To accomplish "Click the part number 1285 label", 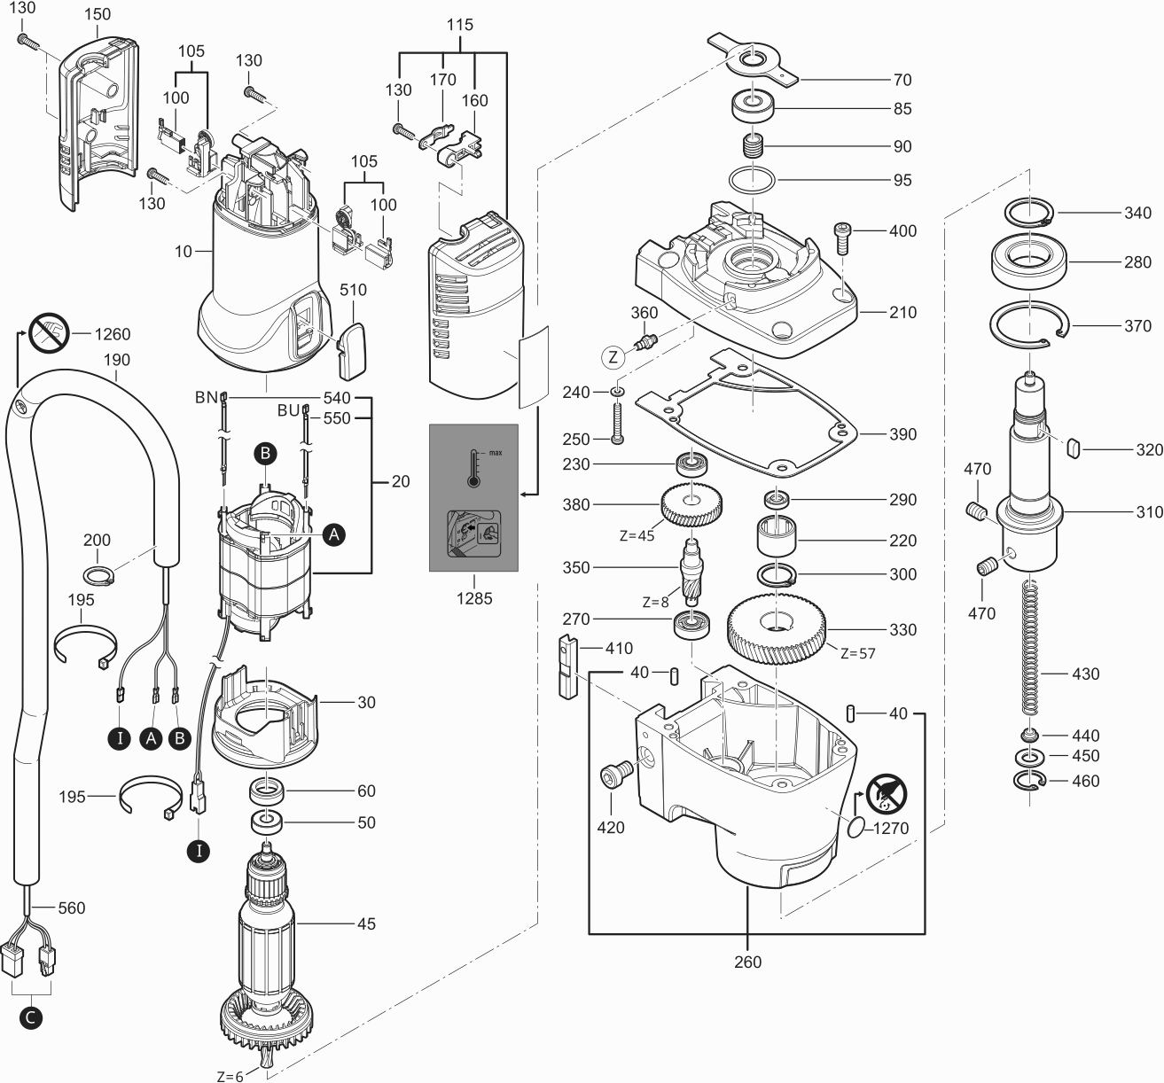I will [473, 599].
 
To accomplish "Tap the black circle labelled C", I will [30, 1018].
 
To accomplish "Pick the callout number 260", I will [747, 962].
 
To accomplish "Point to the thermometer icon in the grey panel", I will [473, 467].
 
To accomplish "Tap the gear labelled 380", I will [691, 506].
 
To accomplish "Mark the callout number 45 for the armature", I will [365, 923].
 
